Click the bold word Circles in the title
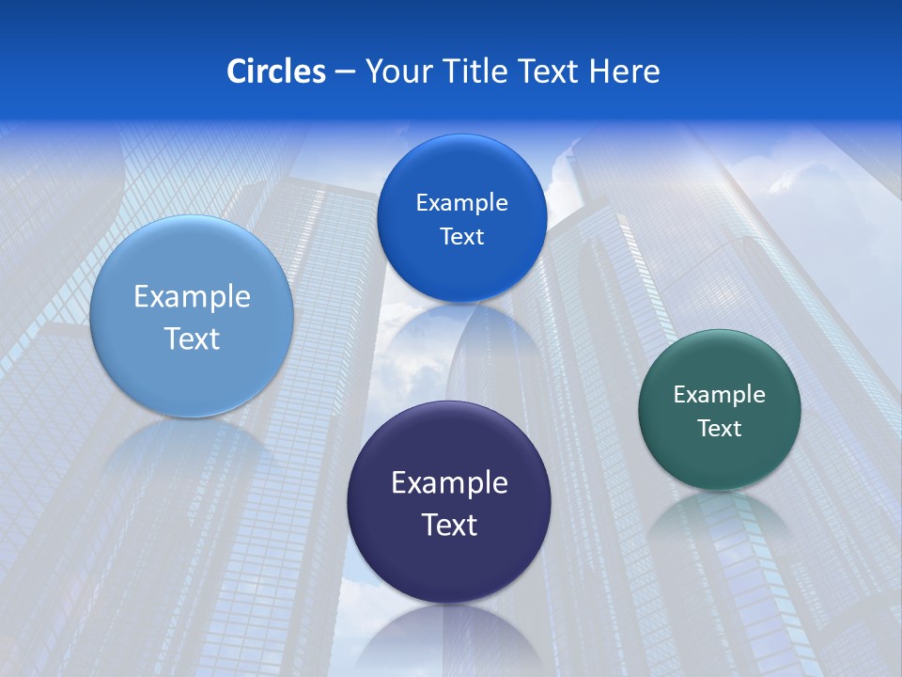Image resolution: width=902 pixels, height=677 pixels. click(275, 71)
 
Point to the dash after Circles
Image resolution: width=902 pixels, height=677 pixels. click(344, 72)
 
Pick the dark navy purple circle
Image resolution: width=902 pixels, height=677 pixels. click(448, 564)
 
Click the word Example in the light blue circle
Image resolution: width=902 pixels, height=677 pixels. click(192, 297)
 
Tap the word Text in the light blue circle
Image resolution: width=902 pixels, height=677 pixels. click(192, 338)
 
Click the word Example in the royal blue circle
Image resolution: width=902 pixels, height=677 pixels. click(461, 203)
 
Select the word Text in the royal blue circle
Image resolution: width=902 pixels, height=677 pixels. click(461, 237)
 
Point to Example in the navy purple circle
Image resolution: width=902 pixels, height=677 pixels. click(449, 483)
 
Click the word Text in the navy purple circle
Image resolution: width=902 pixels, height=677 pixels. click(449, 525)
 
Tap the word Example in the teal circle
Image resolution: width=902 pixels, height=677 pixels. click(719, 395)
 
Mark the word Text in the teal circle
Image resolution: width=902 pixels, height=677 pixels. click(720, 429)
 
